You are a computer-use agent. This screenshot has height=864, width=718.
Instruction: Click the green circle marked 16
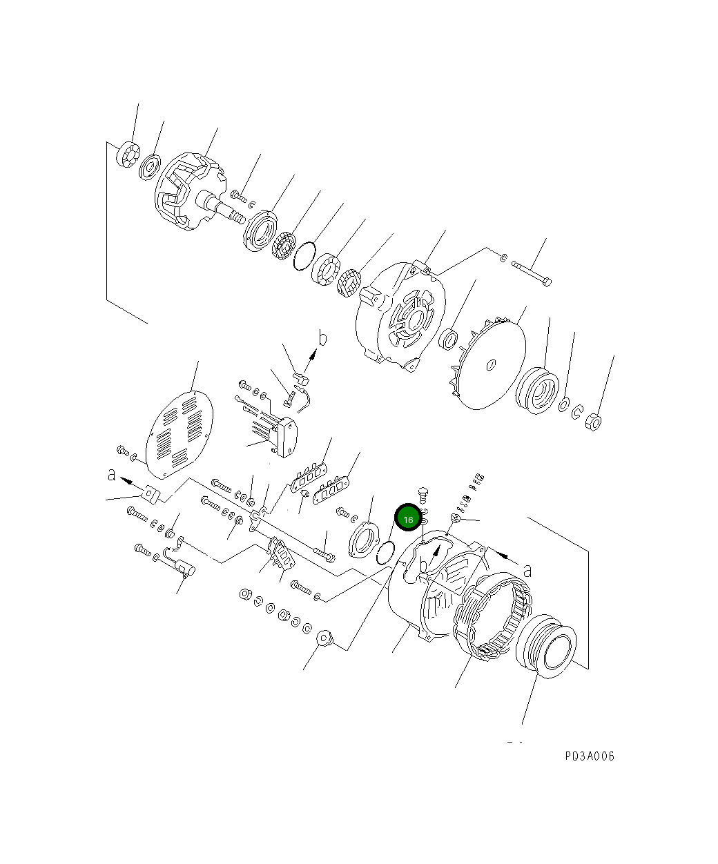pos(408,519)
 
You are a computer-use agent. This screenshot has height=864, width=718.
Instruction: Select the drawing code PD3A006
pos(589,756)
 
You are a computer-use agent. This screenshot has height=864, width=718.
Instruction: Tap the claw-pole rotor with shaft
pos(190,192)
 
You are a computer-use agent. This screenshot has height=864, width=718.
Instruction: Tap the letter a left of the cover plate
pos(111,475)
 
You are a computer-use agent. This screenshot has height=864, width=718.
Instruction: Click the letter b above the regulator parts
pos(322,339)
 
